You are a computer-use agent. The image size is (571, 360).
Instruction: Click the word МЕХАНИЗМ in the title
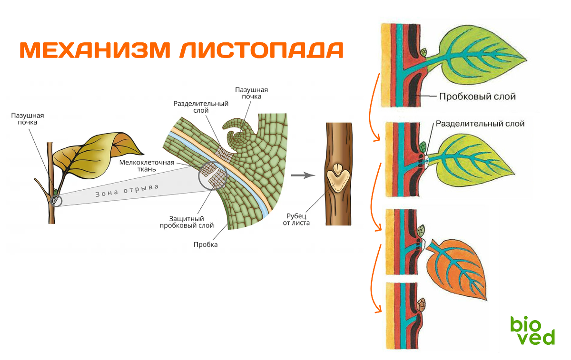95,50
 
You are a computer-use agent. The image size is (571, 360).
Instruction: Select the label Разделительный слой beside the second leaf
480,124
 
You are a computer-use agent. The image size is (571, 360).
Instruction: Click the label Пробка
206,244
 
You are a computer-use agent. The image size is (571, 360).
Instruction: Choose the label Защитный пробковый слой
186,222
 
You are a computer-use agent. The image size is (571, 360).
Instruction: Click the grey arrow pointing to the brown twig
303,175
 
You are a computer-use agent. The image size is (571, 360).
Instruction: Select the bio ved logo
532,330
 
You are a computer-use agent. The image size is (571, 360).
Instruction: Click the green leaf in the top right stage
481,59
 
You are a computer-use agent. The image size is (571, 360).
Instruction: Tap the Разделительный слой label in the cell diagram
201,107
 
